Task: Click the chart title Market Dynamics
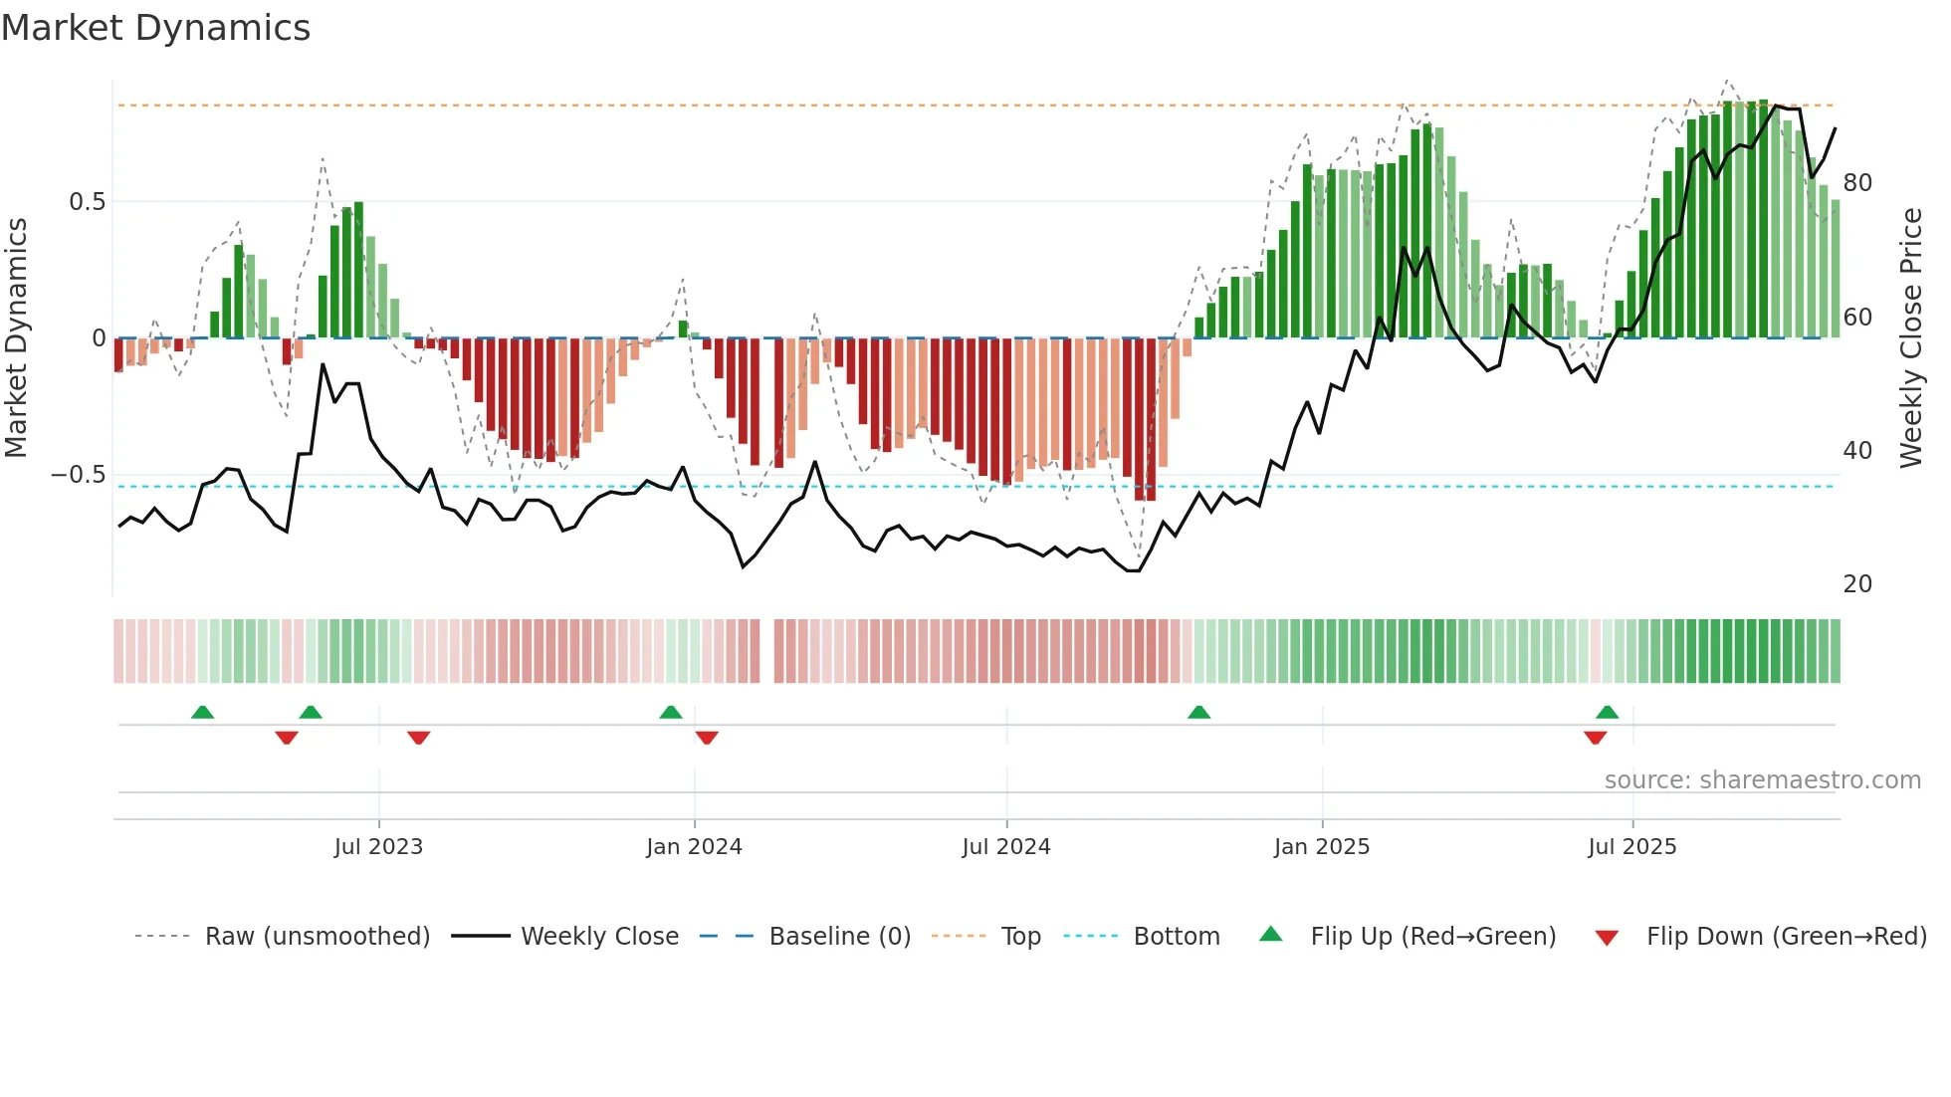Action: click(x=156, y=28)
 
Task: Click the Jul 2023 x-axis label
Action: click(x=378, y=847)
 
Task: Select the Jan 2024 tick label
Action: click(x=694, y=847)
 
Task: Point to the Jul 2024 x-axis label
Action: click(x=1006, y=847)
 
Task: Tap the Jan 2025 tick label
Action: click(x=1322, y=847)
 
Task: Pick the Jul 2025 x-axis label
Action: click(x=1632, y=847)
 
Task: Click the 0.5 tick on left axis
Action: click(x=87, y=202)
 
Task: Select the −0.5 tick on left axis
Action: click(x=79, y=475)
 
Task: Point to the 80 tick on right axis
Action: click(x=1857, y=183)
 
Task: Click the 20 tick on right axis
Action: click(x=1857, y=584)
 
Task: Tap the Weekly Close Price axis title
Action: click(x=1911, y=338)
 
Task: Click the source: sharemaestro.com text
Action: click(x=1762, y=780)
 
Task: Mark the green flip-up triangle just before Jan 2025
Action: click(x=1198, y=713)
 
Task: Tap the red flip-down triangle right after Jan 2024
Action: click(x=707, y=738)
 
